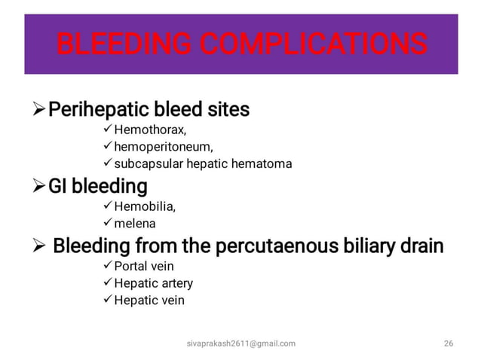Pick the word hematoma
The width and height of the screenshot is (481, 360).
coord(259,163)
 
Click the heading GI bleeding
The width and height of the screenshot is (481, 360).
coord(97,186)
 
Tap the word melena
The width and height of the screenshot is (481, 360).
coord(134,224)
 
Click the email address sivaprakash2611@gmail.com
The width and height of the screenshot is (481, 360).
coord(240,343)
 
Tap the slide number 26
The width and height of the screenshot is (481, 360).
coord(449,343)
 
